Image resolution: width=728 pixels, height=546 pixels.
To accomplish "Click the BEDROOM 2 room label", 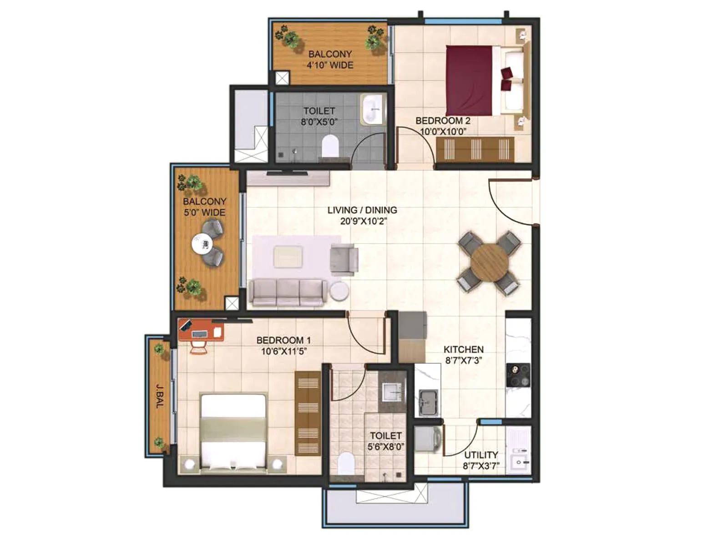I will (x=442, y=121).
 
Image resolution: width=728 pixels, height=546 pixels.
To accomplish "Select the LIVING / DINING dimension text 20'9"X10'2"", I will (x=363, y=222).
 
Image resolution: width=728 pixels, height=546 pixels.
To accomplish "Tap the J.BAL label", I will (x=159, y=396).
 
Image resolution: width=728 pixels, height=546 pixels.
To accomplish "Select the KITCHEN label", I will (x=463, y=349).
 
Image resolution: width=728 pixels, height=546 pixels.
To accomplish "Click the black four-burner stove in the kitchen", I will (x=518, y=375).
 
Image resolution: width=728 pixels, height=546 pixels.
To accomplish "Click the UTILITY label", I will (x=481, y=455).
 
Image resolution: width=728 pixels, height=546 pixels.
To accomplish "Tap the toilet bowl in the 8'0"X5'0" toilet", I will (x=330, y=146).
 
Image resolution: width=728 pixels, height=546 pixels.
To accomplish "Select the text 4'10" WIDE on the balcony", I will (x=330, y=65).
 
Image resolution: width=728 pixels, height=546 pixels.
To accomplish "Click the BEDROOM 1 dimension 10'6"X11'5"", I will (x=283, y=351).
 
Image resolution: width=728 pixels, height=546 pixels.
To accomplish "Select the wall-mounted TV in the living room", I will (x=287, y=173).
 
